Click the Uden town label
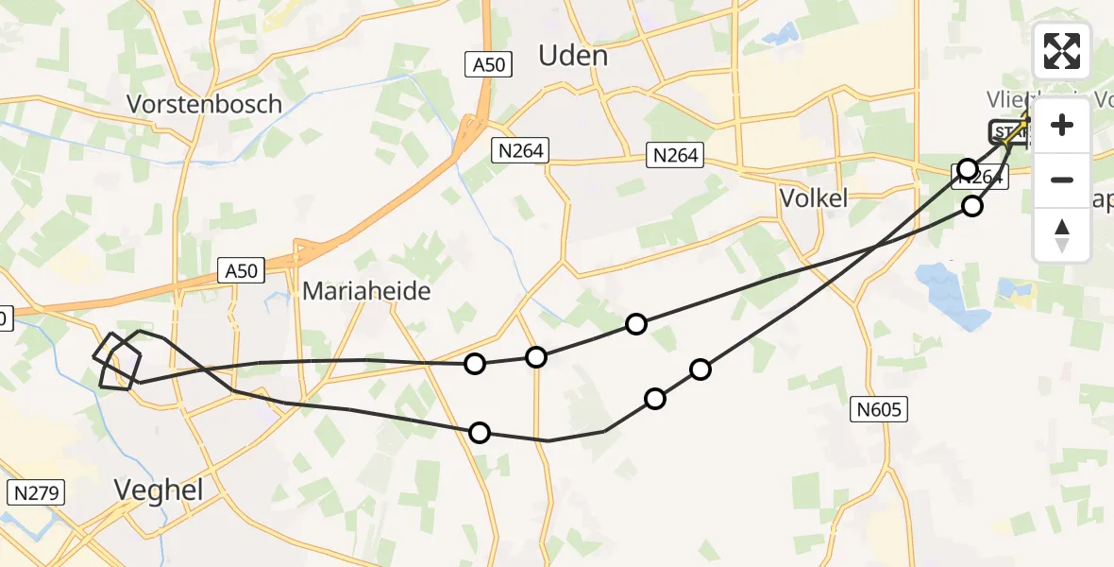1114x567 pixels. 572,56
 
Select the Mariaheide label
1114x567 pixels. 366,291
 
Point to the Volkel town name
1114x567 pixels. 813,198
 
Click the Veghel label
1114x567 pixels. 158,488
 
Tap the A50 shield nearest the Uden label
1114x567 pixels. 490,64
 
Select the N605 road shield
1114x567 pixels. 881,409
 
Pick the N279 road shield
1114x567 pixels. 34,492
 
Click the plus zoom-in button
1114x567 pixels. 1062,125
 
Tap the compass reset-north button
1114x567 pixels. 1062,235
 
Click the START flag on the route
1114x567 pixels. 1007,131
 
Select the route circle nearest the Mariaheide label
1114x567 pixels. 475,364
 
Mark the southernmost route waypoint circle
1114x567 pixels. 480,433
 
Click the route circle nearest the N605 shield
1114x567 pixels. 700,369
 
